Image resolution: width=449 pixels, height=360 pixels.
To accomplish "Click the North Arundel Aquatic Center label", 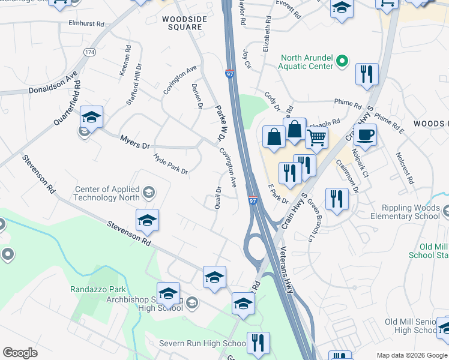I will pos(306,62).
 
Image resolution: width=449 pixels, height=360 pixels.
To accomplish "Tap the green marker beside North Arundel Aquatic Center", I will pos(342,62).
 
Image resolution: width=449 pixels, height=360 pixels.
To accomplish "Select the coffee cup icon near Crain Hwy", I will pos(365,134).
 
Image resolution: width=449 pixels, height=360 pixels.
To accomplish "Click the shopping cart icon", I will pos(316,137).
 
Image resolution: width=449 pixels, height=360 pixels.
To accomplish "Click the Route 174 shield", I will pos(89,52).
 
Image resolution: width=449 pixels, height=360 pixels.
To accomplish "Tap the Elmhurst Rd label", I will pos(87,24).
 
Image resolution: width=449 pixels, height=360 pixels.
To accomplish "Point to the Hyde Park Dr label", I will pos(171,164).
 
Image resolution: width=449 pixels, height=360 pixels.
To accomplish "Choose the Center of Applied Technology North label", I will pos(106,193).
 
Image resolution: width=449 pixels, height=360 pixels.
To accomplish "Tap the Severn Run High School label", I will pos(202,344).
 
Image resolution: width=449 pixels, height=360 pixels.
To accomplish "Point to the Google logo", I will pos(20,353).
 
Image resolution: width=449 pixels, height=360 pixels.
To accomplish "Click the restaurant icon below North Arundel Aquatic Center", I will pos(366,74).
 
